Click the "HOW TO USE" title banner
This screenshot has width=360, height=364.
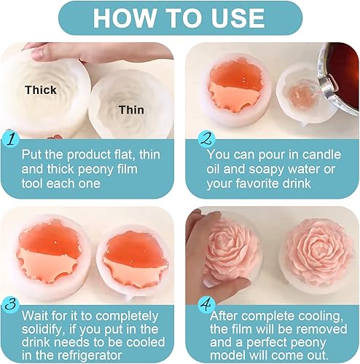tap(180, 18)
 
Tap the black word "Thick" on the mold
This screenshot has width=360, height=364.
tap(41, 90)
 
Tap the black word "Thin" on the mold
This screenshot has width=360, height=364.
tap(131, 110)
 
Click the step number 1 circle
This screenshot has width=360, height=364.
tap(10, 140)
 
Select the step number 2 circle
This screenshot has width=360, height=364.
tap(206, 140)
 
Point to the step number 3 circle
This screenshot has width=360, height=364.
tap(10, 304)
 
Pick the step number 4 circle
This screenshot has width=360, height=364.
tap(206, 304)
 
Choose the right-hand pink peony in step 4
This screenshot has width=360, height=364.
tap(318, 253)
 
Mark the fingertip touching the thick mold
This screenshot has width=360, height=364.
tap(37, 55)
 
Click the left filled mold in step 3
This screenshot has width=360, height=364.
tap(50, 257)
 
